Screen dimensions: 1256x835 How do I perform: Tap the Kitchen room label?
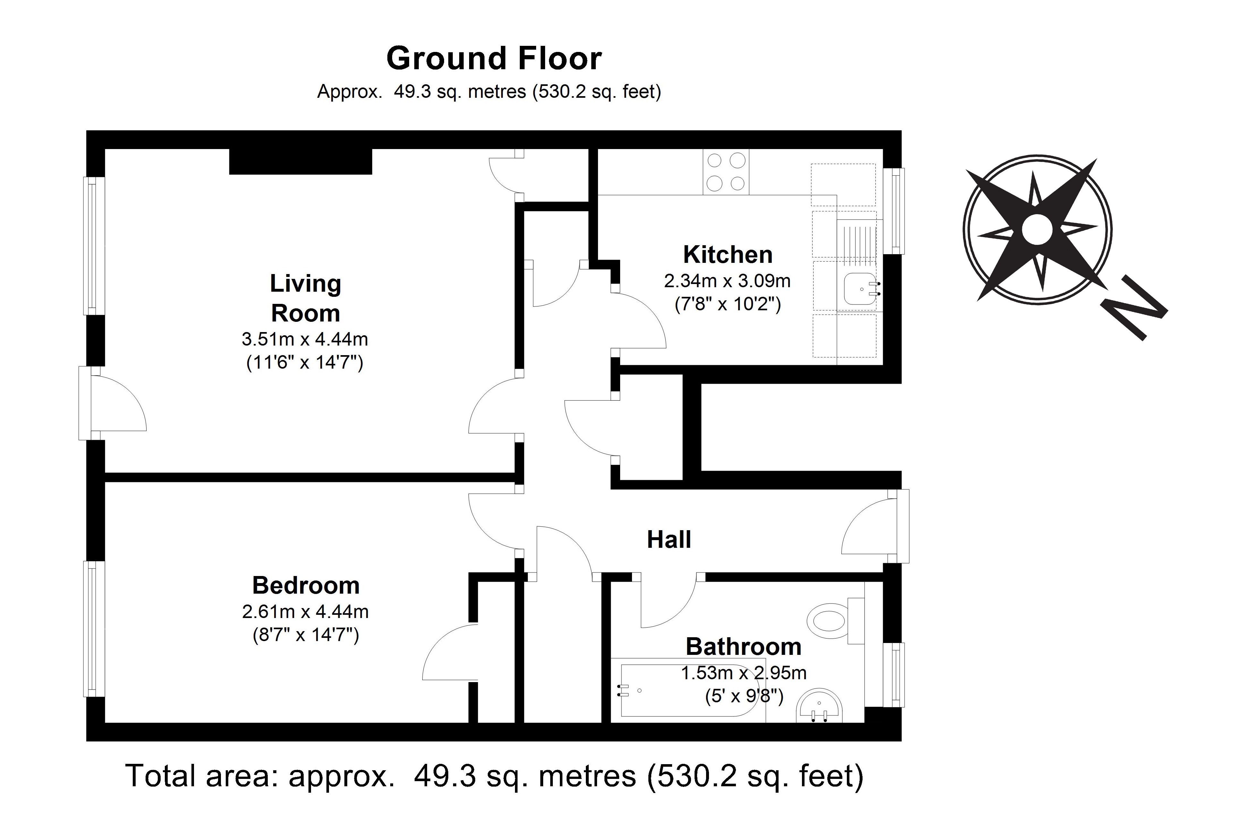[728, 255]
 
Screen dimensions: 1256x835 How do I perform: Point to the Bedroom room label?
[306, 585]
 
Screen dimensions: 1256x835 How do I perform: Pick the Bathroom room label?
[744, 647]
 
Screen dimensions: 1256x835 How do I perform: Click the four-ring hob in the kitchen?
[725, 172]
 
